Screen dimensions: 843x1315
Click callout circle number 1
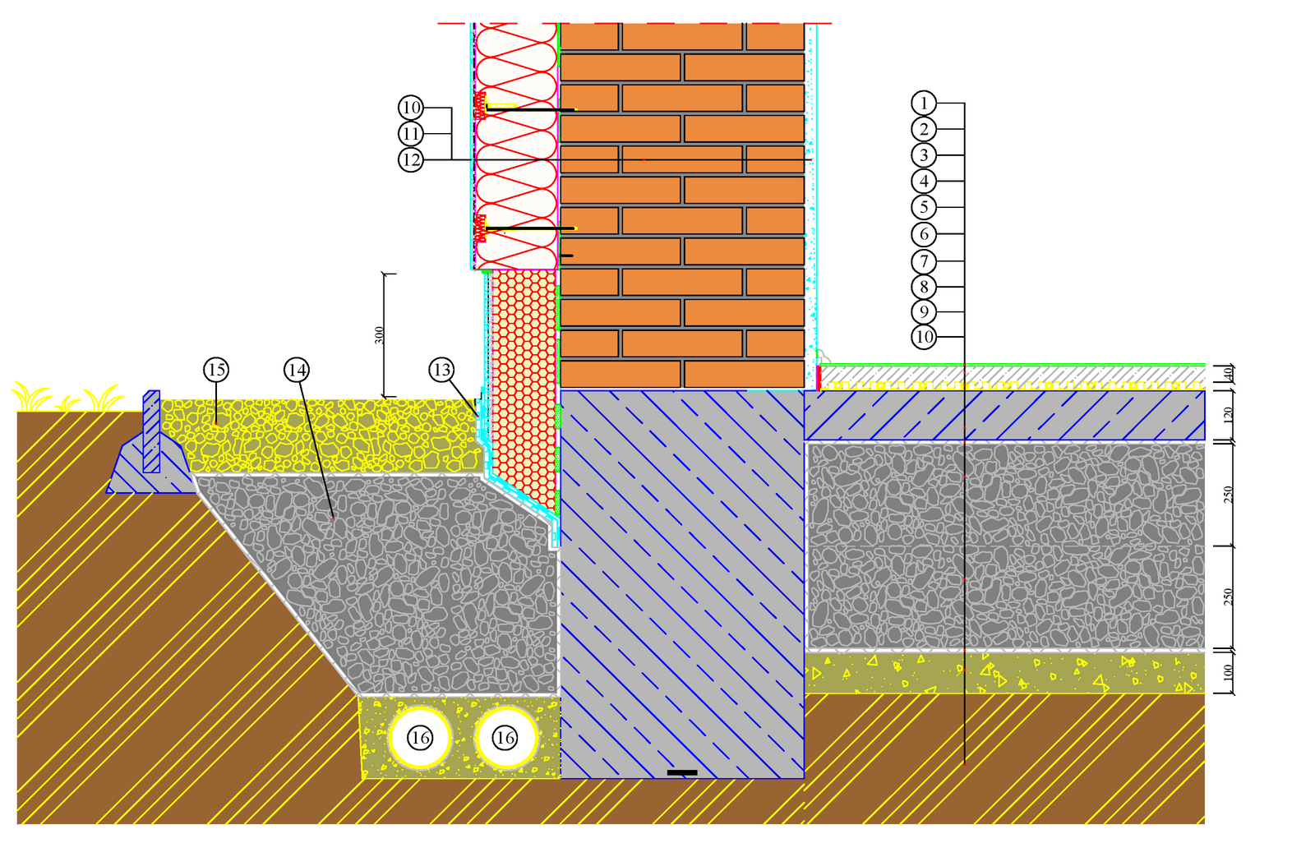(924, 103)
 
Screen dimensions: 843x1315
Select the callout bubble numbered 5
(924, 207)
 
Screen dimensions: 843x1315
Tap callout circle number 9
(924, 312)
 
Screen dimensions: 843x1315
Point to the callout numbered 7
(924, 261)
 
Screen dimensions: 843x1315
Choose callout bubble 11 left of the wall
(411, 133)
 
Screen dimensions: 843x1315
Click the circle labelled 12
(411, 159)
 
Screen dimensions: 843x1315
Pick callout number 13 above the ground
(441, 370)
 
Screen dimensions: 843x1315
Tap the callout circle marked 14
(297, 370)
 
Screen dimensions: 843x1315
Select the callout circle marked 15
(216, 370)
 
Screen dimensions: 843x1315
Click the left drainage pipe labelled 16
(420, 738)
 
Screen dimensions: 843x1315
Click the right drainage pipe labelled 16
(505, 738)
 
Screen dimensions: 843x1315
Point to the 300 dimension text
(380, 335)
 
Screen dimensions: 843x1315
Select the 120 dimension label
(1229, 415)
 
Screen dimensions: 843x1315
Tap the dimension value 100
(1229, 672)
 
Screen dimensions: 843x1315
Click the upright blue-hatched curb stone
(151, 431)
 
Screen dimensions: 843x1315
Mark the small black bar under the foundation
(682, 772)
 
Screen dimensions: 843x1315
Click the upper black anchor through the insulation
(530, 109)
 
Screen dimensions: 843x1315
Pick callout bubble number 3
(924, 155)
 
